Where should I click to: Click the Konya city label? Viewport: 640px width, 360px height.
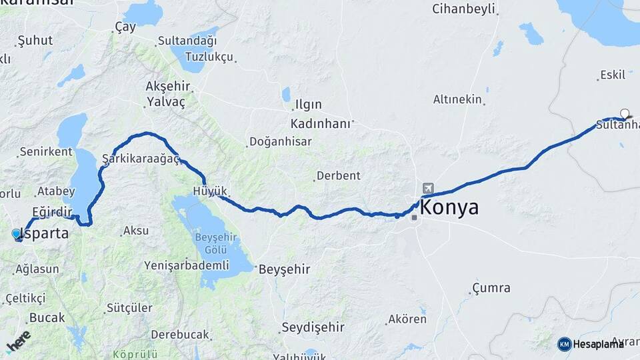449,207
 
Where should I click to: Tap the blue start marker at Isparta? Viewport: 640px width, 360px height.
17,234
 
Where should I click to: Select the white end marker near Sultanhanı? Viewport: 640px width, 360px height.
625,113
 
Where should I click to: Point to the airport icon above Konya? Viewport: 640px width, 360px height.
427,189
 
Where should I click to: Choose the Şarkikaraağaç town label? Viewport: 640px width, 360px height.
141,158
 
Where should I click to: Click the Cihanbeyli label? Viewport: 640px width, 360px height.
464,9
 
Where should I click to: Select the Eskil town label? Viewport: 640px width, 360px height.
613,75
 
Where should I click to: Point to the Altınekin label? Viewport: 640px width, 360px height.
457,99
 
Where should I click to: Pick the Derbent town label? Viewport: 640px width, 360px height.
338,176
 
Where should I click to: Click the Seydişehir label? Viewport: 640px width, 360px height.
313,327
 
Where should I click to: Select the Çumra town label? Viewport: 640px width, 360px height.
491,288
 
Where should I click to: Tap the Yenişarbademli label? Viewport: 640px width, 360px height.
187,265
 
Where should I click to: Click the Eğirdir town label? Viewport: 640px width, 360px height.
51,212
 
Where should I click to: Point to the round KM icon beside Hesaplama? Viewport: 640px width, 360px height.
565,344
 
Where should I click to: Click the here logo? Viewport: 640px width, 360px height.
18,340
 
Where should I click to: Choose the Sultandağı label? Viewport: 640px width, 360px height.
187,41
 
